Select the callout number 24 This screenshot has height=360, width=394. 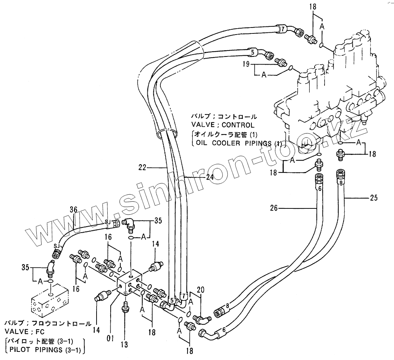tap(210, 178)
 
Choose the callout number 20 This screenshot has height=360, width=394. tap(201, 289)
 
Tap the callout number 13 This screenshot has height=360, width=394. tap(124, 344)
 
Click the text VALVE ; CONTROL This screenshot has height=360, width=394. tap(223, 125)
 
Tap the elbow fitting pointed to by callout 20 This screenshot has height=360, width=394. tap(203, 318)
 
